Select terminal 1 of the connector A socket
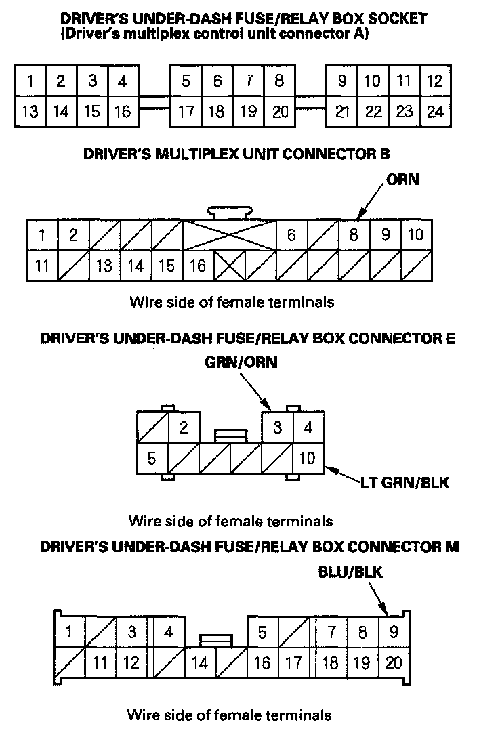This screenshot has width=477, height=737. (30, 81)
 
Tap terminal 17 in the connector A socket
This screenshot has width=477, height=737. (185, 111)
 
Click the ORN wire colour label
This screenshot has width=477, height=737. (402, 180)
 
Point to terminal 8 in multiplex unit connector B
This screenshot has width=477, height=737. (353, 235)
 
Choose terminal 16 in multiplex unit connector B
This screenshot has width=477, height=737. (197, 266)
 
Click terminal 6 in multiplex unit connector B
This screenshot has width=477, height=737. (291, 235)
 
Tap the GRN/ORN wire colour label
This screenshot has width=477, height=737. (241, 363)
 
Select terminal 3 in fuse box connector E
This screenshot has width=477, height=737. (277, 427)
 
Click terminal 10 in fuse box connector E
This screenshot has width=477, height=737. (308, 459)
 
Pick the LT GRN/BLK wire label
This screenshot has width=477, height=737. (406, 482)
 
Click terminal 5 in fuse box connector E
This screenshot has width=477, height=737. (152, 459)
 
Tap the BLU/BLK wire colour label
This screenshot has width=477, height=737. (350, 572)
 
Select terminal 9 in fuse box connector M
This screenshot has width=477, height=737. (393, 633)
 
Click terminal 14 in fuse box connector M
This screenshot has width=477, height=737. (199, 663)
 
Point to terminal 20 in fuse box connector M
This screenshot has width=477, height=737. (393, 662)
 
